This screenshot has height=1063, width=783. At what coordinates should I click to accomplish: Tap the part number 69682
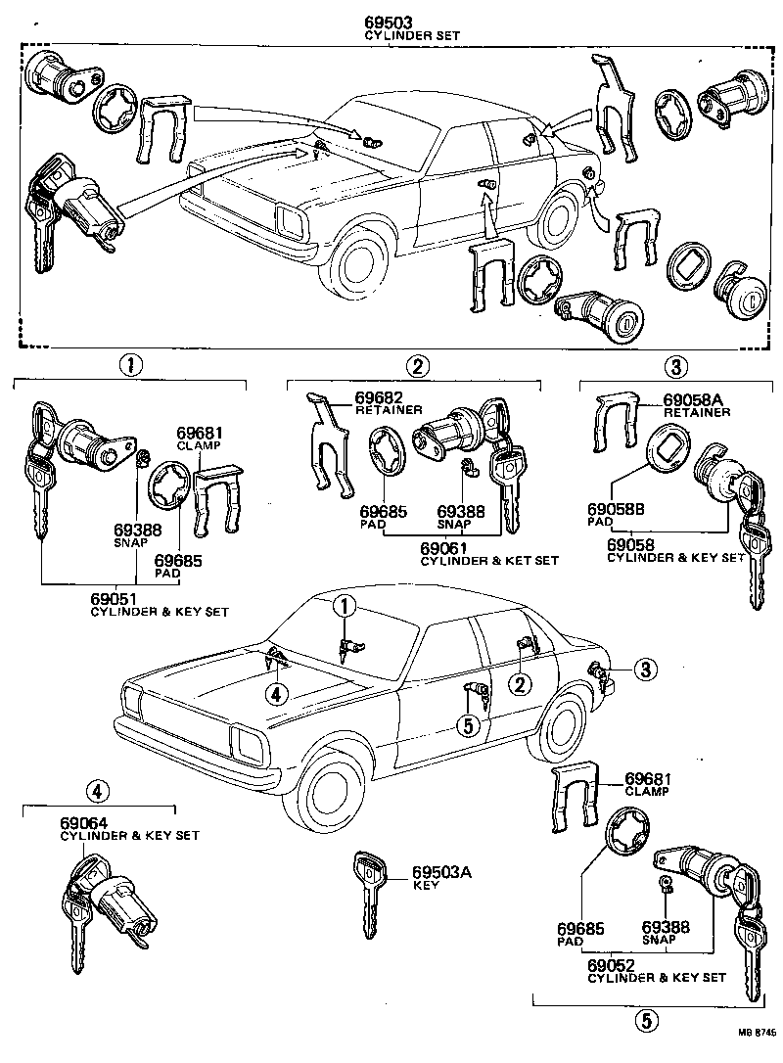pos(350,396)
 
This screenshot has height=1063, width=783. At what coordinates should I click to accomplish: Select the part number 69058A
pos(694,400)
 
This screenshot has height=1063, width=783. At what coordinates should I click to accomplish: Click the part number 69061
pos(441,548)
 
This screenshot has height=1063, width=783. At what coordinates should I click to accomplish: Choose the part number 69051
pos(108,599)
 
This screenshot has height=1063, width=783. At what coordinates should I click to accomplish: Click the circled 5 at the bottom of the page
pos(645,1021)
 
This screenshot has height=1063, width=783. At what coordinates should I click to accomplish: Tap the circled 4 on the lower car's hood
pos(277,694)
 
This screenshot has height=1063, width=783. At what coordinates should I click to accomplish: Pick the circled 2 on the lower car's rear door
pos(522,684)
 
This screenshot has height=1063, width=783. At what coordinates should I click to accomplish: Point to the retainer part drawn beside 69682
pos(329,444)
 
